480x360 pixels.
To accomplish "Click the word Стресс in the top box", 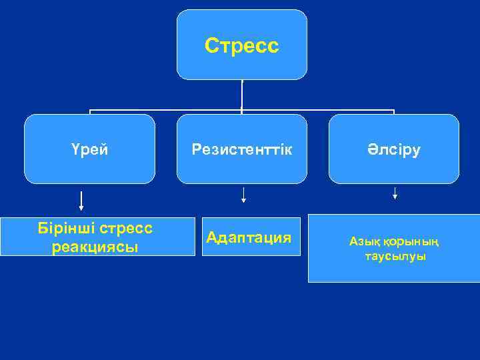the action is pyautogui.click(x=241, y=45).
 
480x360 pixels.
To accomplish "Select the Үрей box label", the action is pyautogui.click(x=89, y=149).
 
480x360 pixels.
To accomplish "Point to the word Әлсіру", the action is pyautogui.click(x=393, y=149).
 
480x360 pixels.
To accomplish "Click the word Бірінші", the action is pyautogui.click(x=67, y=228).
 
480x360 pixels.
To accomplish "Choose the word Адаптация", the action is pyautogui.click(x=249, y=237).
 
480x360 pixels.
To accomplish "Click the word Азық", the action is pyautogui.click(x=363, y=241).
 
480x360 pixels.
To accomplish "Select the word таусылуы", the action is pyautogui.click(x=395, y=257).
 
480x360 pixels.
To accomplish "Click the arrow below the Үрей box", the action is pyautogui.click(x=81, y=200).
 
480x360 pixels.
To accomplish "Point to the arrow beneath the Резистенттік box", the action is pyautogui.click(x=243, y=194).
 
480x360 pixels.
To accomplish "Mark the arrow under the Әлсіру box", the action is pyautogui.click(x=395, y=193).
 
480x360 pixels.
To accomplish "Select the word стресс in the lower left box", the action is pyautogui.click(x=129, y=228).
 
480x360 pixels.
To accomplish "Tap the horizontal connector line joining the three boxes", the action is pyautogui.click(x=167, y=110).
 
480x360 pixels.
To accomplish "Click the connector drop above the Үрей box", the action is pyautogui.click(x=90, y=112).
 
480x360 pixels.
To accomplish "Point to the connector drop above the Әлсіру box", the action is pyautogui.click(x=394, y=112).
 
